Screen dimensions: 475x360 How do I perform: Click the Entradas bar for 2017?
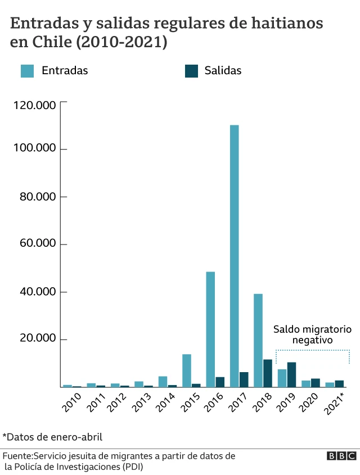(x=234, y=256)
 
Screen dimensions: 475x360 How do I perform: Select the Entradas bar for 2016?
(x=210, y=329)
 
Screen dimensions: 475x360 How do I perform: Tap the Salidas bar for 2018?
(x=268, y=373)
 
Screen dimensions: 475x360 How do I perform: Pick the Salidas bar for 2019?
(x=291, y=374)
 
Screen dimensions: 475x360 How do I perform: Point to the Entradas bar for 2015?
(x=186, y=370)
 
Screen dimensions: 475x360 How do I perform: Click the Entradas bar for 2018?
(x=258, y=340)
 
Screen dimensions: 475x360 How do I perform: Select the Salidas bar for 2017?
(x=244, y=379)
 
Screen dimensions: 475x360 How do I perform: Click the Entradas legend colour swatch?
(x=28, y=71)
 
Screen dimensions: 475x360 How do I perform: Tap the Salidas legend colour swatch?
(x=192, y=71)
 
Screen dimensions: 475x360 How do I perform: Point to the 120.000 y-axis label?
(x=35, y=106)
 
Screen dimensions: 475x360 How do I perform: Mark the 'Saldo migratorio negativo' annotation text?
(x=312, y=334)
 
